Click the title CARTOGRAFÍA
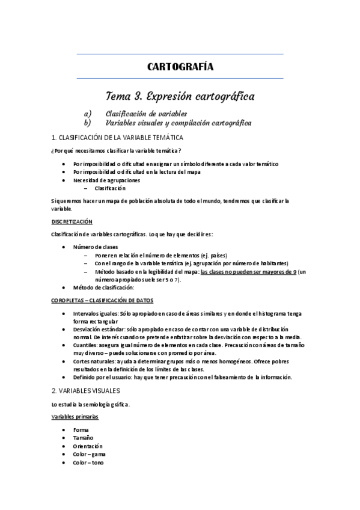coord(180,67)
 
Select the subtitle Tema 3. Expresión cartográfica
coord(180,96)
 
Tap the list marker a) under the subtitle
coord(88,113)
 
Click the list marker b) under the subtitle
coord(88,123)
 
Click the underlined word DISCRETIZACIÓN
coord(72,221)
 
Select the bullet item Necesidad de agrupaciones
coord(106,180)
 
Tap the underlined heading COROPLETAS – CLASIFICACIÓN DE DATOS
coord(102,300)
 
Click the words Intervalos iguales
coord(94,314)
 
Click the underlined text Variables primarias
coord(75,416)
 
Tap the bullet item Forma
coord(81,431)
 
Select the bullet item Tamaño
coord(84,438)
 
